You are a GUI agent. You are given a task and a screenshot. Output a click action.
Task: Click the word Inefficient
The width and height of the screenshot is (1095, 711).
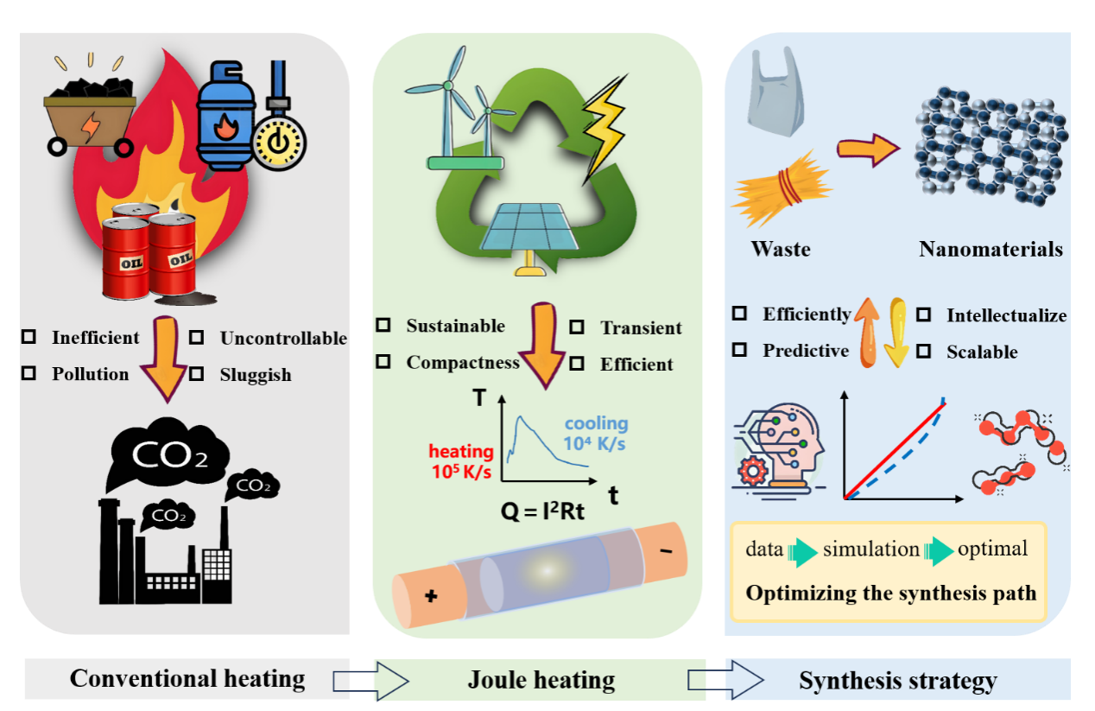tap(95, 338)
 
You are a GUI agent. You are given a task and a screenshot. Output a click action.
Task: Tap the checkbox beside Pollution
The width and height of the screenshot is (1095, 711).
tap(29, 373)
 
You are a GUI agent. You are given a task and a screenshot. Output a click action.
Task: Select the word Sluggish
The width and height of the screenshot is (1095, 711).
tap(256, 375)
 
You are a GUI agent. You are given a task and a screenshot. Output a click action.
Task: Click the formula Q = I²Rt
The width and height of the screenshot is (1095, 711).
tap(542, 512)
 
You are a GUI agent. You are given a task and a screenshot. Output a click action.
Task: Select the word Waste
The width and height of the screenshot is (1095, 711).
tap(781, 250)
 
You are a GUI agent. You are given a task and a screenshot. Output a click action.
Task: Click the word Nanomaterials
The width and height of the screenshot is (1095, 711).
tap(991, 250)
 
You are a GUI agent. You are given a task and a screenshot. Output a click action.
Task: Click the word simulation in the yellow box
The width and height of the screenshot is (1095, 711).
tap(871, 549)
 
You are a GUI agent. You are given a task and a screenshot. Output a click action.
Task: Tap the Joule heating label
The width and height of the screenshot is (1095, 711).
tap(541, 680)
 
